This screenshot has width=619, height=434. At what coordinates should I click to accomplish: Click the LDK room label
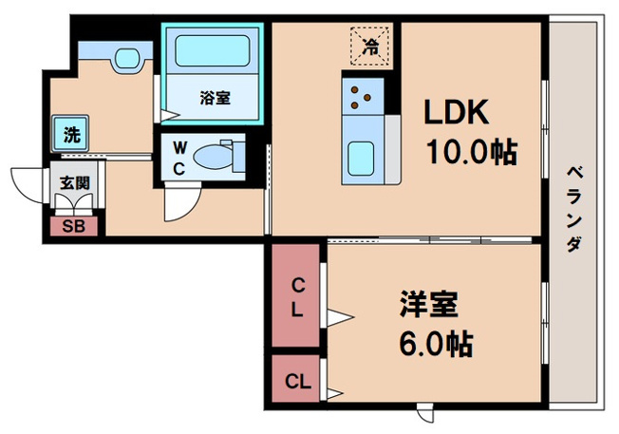pos(456,112)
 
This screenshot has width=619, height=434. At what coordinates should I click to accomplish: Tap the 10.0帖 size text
pos(471,152)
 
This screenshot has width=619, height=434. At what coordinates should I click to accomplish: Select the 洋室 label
pos(429,304)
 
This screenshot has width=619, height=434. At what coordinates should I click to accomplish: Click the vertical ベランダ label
pos(574,209)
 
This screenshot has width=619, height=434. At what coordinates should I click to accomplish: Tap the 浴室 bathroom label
pos(215,98)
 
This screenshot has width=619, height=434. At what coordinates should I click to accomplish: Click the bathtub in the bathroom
pos(213,51)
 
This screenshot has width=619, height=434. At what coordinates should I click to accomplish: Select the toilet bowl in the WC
pos(214,157)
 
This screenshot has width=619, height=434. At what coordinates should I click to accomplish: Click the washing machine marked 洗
pos(70,134)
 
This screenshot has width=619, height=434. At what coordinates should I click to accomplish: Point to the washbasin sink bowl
pos(128,59)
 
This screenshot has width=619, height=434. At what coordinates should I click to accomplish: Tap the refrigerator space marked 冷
pos(371,46)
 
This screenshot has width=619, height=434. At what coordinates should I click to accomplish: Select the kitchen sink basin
pos(361,159)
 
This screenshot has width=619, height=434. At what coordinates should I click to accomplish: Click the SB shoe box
pos(74,226)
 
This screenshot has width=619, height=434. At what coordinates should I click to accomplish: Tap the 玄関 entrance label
pos(75,183)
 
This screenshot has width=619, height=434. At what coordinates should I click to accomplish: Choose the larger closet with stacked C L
pos(295,295)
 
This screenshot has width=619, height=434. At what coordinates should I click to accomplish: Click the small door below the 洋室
pos(425,412)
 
